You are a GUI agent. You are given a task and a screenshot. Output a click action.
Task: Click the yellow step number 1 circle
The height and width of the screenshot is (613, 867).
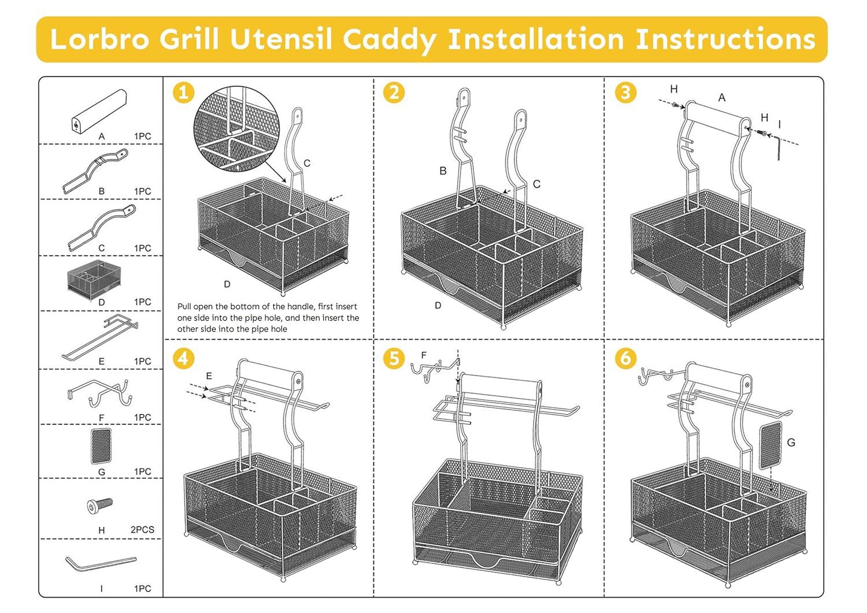183,92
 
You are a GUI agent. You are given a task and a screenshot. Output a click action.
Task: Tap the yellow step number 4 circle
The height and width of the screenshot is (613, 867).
183,358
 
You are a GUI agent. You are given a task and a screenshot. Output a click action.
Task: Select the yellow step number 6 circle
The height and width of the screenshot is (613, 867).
625,358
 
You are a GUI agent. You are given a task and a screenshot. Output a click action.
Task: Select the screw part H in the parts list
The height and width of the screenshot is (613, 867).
100,506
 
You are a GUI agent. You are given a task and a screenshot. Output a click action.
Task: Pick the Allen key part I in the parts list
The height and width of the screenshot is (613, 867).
100,563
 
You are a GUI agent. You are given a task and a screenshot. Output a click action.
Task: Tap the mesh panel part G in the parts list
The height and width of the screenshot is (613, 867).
101,446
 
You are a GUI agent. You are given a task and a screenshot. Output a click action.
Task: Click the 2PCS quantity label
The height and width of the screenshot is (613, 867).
142,530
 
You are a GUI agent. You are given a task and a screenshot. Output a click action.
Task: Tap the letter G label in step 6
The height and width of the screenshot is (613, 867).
791,443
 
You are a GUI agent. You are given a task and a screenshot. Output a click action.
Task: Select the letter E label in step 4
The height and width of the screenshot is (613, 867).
209,376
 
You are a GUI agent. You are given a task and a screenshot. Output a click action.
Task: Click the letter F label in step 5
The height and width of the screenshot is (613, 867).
424,355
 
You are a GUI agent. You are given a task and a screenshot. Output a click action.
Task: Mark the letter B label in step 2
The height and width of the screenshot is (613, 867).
443,171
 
